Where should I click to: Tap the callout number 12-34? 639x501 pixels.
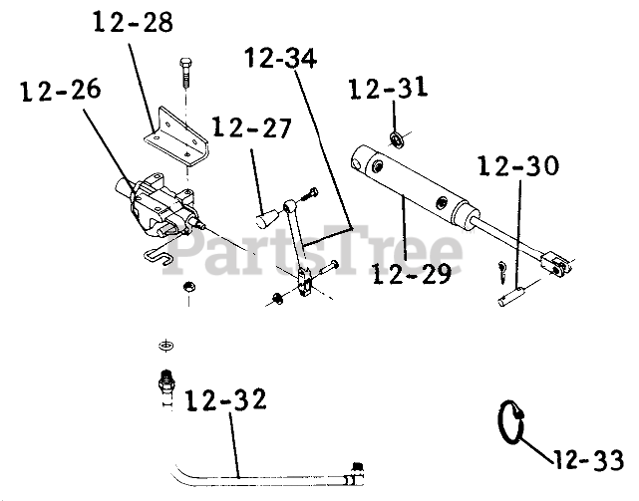point(281,60)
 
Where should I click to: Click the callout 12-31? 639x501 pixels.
point(389,90)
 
